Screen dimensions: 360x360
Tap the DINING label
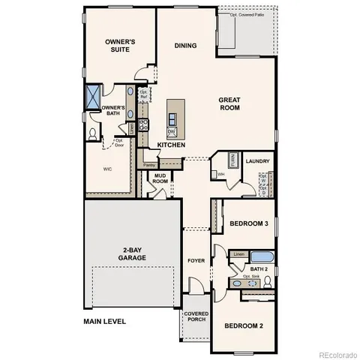click(185, 46)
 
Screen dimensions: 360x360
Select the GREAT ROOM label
click(229, 103)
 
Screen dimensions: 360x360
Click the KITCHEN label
click(172, 144)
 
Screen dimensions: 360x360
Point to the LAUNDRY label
click(257, 160)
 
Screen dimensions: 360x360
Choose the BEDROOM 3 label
click(248, 223)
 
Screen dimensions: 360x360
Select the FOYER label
click(196, 260)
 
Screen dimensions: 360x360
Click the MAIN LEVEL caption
click(104, 321)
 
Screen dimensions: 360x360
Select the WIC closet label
click(107, 169)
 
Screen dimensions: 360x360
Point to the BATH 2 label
click(259, 269)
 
